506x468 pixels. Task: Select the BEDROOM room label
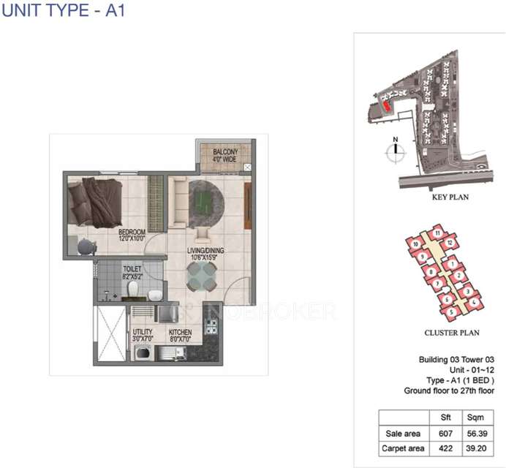click(x=132, y=234)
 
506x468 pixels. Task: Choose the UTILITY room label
click(x=143, y=334)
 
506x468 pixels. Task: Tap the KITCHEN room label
click(x=180, y=334)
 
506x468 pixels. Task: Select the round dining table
click(x=201, y=276)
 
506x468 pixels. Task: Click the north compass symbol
click(x=395, y=151)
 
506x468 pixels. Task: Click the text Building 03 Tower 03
click(x=456, y=359)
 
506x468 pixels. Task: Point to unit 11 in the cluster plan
click(x=437, y=234)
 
